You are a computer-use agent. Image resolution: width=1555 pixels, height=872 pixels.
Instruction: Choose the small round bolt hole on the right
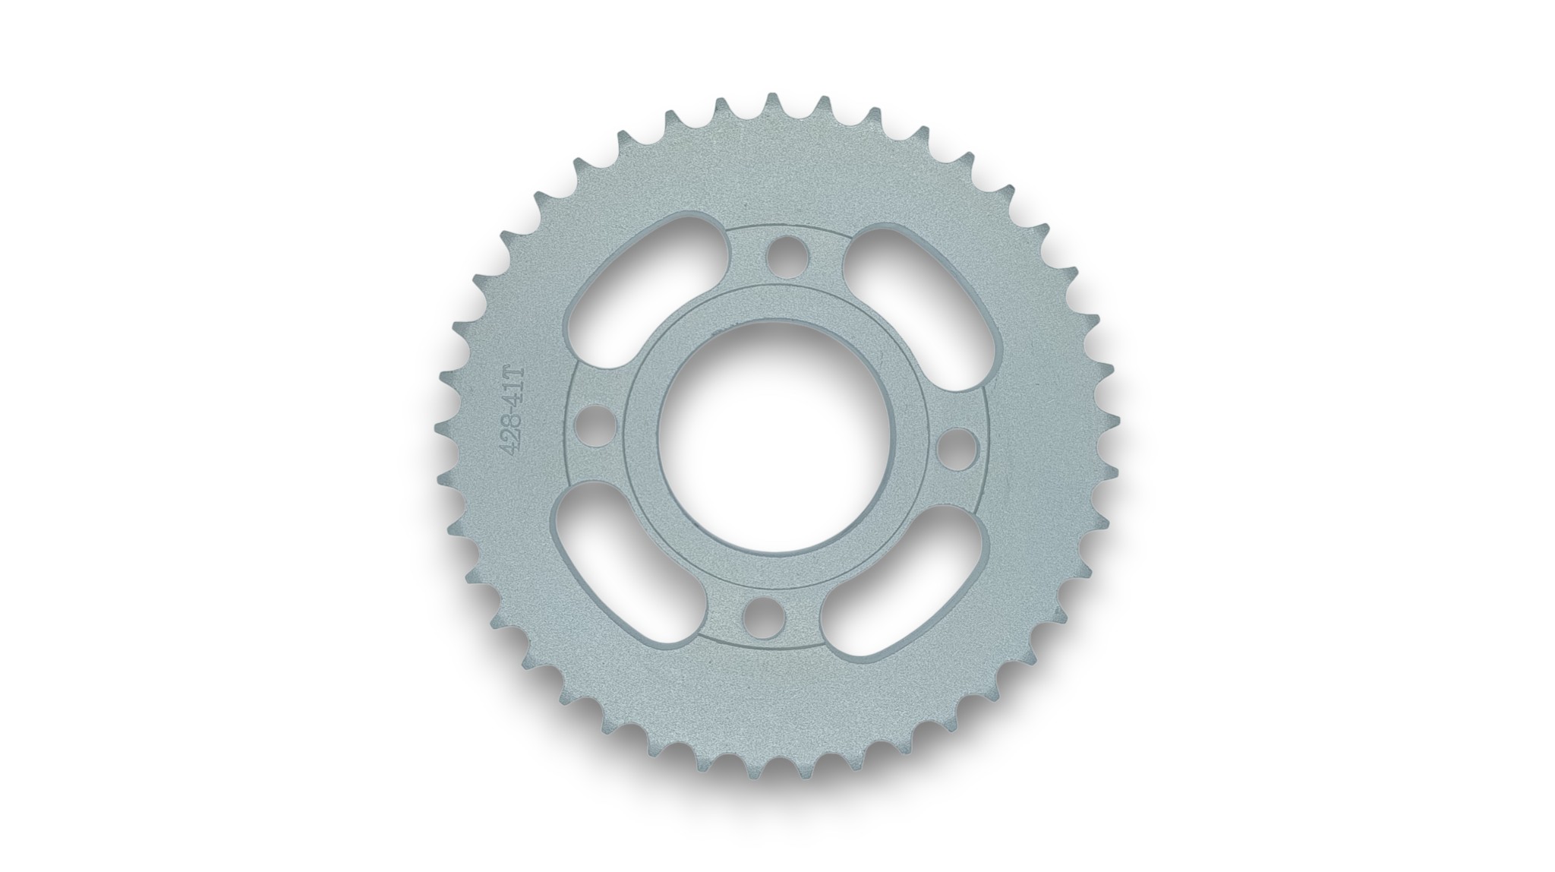point(955,448)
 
